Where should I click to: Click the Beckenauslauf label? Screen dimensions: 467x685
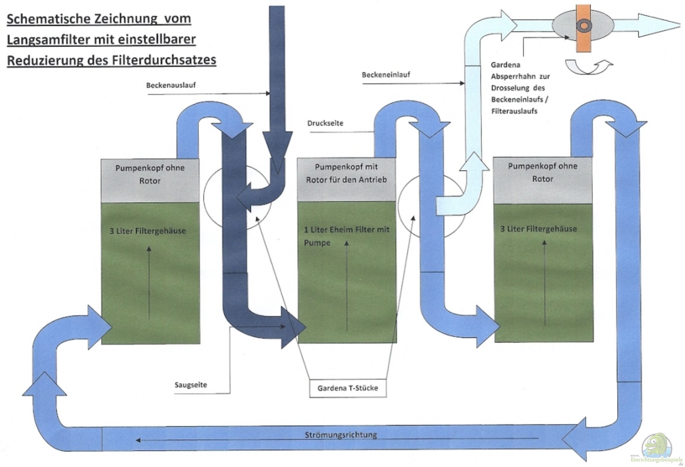coord(171,85)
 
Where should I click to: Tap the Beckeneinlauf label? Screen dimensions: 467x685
coord(386,75)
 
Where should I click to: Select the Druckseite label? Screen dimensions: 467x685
coord(325,123)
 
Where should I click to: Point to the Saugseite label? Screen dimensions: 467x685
coord(191,385)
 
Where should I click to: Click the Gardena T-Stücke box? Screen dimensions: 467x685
coord(347,388)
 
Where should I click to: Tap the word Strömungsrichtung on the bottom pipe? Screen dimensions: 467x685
coord(341,435)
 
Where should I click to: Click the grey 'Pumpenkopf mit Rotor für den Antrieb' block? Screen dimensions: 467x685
coord(346,179)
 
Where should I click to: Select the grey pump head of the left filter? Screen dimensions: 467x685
coord(150,180)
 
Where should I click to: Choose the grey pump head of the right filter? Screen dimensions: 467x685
coord(542,180)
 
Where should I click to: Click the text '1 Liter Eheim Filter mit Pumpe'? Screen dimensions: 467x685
coord(346,236)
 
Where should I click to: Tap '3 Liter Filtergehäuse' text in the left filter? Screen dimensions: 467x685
coord(148,231)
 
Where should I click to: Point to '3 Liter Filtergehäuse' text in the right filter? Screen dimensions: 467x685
coord(538,229)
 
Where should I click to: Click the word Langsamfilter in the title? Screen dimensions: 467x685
coord(48,39)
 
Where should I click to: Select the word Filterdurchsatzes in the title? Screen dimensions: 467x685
coord(164,60)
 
